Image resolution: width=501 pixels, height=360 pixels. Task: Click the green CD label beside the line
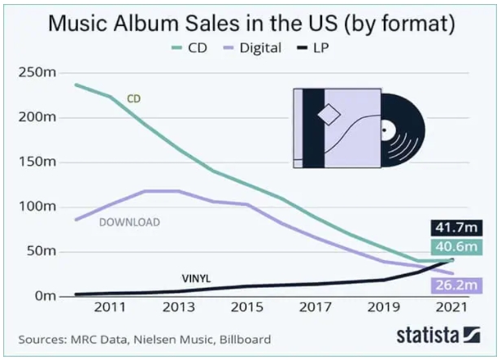tap(134, 99)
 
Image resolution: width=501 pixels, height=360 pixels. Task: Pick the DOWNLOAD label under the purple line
tap(129, 222)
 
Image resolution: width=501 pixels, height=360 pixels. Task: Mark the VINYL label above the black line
tap(195, 279)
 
